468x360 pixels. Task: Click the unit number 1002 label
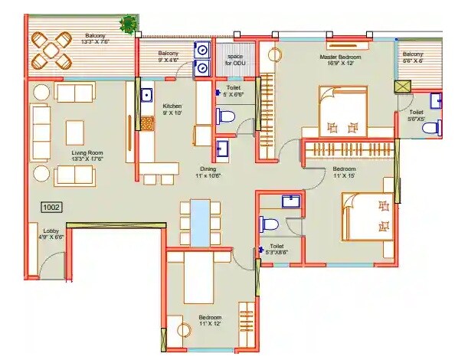51,206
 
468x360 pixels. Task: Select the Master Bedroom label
339,61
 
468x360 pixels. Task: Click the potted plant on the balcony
128,24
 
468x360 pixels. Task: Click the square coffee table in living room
74,132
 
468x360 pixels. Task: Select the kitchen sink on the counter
146,97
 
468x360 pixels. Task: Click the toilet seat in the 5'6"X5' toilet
432,127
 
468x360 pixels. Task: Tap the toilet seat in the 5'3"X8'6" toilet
269,224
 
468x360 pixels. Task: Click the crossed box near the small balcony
402,87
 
